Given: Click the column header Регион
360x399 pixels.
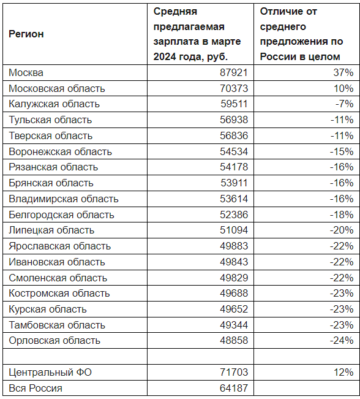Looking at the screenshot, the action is pyautogui.click(x=26, y=34).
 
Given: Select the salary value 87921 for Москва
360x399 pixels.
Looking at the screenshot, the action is pyautogui.click(x=234, y=72).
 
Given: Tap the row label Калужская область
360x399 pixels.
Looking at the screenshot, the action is pyautogui.click(x=54, y=104).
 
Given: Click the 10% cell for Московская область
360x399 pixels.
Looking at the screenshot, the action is pyautogui.click(x=343, y=88).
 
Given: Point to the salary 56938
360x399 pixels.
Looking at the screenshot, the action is pyautogui.click(x=234, y=120).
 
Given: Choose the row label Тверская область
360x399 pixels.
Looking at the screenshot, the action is pyautogui.click(x=51, y=135).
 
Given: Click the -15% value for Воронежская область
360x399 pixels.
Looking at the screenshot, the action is pyautogui.click(x=342, y=151).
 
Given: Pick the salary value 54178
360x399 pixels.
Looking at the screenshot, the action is pyautogui.click(x=234, y=167).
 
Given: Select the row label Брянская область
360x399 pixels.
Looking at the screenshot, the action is pyautogui.click(x=51, y=183).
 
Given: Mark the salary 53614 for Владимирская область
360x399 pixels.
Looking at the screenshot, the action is pyautogui.click(x=234, y=199).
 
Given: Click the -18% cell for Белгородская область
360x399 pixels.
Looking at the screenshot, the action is pyautogui.click(x=342, y=215).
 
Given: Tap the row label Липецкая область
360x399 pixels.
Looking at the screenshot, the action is pyautogui.click(x=51, y=230).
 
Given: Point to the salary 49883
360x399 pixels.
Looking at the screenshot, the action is pyautogui.click(x=234, y=246).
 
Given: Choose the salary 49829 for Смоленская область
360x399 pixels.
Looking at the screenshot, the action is pyautogui.click(x=234, y=278).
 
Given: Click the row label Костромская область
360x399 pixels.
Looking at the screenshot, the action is pyautogui.click(x=59, y=294).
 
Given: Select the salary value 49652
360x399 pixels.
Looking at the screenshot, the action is pyautogui.click(x=234, y=309).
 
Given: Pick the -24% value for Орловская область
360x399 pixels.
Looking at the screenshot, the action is pyautogui.click(x=342, y=340).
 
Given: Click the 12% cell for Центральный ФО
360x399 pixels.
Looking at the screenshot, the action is pyautogui.click(x=343, y=372).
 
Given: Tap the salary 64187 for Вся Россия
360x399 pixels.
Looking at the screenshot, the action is pyautogui.click(x=234, y=388).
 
